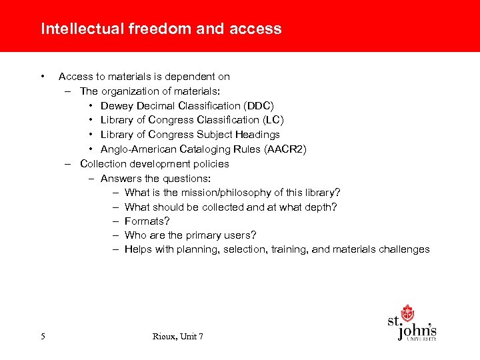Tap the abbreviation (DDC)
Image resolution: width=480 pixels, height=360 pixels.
pos(259,105)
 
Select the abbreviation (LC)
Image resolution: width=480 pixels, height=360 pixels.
pos(273,120)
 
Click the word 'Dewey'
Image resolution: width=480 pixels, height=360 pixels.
pos(115,105)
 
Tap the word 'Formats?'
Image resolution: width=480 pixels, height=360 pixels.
pos(147,221)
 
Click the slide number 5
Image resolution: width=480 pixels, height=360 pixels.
pos(43,337)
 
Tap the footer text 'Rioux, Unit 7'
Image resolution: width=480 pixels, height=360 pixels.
pos(178,337)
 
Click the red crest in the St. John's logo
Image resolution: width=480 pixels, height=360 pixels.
pos(407,313)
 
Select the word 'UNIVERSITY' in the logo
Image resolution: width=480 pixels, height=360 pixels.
pos(421,339)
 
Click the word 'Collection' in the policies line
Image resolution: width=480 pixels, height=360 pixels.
pos(103,163)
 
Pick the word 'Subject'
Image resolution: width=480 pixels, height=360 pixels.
pos(215,135)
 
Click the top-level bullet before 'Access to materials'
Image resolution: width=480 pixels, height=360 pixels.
pos(42,75)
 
